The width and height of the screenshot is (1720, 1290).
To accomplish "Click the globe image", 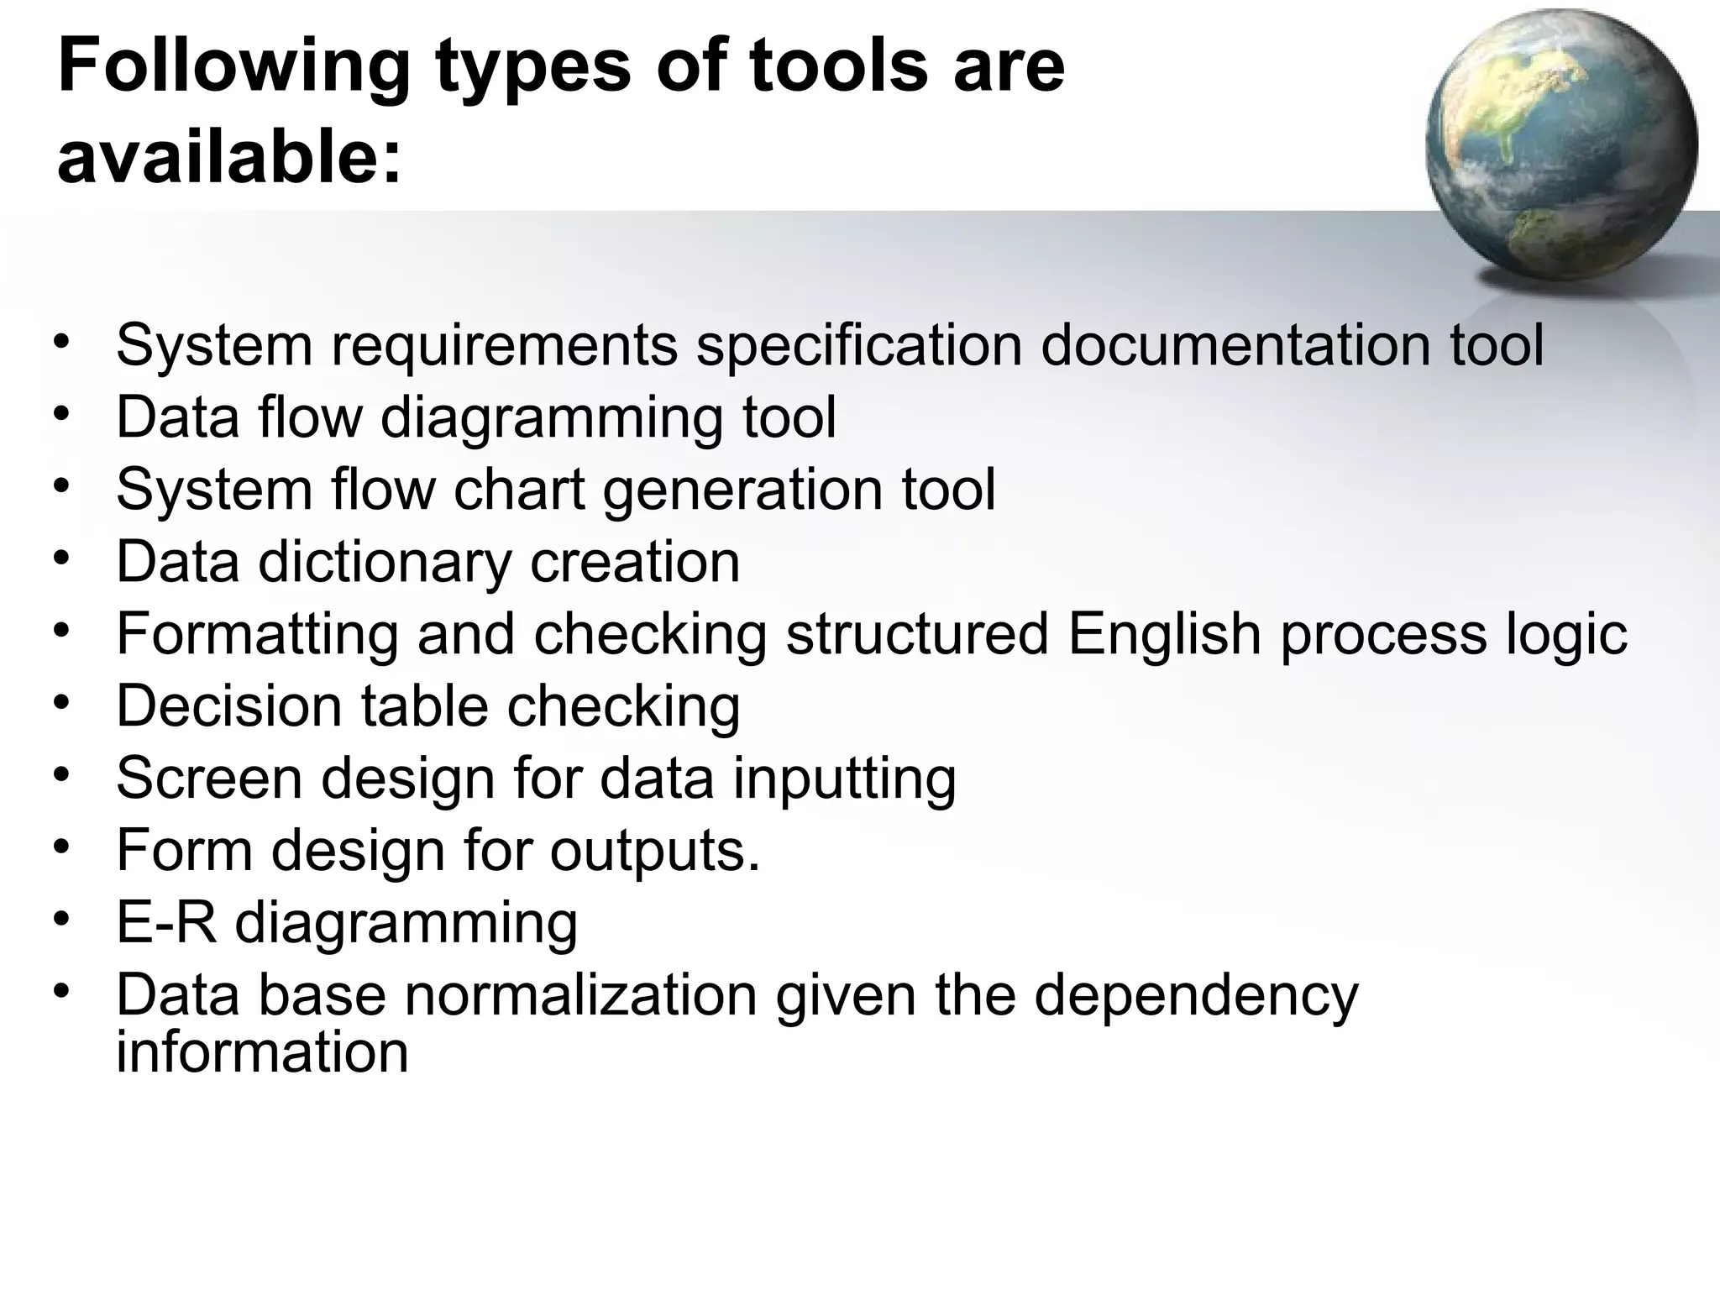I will [1560, 148].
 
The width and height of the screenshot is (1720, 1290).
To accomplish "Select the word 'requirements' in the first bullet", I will [504, 345].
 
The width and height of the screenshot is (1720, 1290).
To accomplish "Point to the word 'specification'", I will [859, 345].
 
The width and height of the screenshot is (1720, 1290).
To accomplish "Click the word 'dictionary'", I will [385, 562].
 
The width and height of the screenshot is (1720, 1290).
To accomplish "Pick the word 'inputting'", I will [844, 779].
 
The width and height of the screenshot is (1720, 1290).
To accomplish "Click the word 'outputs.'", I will [654, 852].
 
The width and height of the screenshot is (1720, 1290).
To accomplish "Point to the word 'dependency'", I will [1196, 996].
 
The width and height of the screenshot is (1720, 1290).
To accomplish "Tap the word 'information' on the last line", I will [262, 1051].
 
